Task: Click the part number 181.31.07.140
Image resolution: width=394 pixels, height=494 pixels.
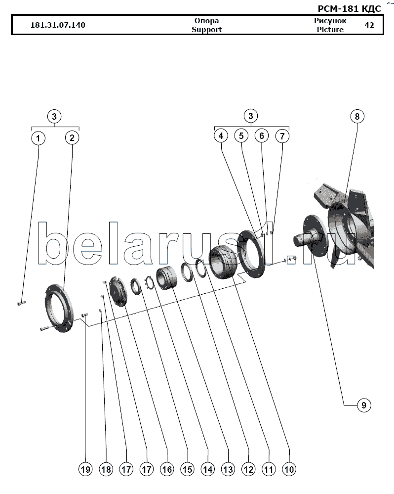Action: tap(58, 25)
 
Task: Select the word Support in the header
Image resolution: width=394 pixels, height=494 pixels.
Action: tap(206, 30)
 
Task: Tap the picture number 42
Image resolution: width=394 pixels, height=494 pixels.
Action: tap(369, 25)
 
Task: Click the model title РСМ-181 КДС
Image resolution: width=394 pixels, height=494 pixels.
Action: tap(350, 8)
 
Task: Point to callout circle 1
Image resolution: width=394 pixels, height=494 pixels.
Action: tap(39, 138)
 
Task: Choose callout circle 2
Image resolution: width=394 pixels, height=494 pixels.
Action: tap(72, 137)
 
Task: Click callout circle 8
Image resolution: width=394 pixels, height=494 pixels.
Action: tap(357, 117)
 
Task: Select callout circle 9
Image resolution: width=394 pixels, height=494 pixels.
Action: tap(364, 405)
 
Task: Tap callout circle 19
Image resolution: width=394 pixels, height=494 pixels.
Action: tap(85, 469)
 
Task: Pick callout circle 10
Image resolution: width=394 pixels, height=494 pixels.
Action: tap(289, 469)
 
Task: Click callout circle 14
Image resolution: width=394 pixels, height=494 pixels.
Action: tap(207, 469)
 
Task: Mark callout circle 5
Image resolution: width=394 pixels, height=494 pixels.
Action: tap(241, 136)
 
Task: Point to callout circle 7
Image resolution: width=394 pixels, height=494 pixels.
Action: tap(282, 136)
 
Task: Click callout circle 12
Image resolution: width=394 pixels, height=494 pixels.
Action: tap(248, 469)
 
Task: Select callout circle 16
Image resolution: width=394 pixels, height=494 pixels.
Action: tap(167, 469)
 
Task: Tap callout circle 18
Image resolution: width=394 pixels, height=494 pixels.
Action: tap(106, 469)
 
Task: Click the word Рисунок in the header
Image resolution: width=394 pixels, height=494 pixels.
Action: tap(330, 21)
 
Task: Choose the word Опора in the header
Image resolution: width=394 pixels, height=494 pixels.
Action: tap(206, 21)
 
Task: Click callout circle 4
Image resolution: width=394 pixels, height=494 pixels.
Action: tap(221, 136)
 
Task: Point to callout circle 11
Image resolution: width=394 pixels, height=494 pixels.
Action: tap(269, 469)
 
